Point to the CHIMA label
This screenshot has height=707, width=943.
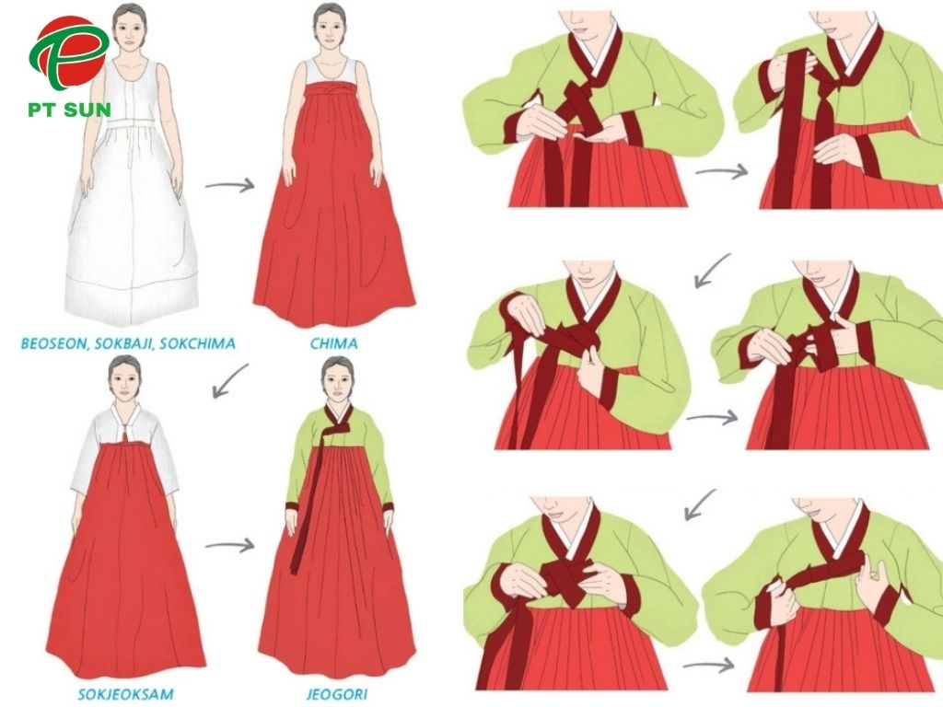[334, 343]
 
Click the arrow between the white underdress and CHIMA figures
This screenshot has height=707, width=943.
[228, 185]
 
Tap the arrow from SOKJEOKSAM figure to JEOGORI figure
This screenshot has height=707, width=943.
[228, 545]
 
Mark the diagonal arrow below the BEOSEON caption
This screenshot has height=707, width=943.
[230, 378]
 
